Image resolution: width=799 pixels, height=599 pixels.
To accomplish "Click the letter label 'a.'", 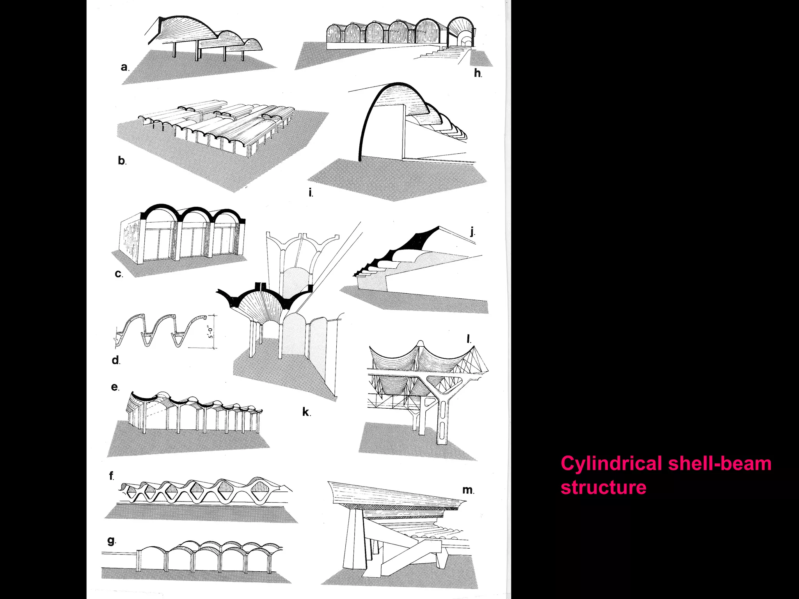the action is [x=124, y=67].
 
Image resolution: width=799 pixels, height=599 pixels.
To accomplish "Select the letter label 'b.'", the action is [x=122, y=161].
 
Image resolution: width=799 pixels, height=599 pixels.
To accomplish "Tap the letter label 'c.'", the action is [x=119, y=274].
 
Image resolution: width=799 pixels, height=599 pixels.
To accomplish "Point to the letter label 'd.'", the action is [x=116, y=360].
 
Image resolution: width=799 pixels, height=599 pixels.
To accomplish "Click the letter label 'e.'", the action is [x=115, y=387].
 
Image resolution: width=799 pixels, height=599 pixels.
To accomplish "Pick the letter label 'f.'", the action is [x=112, y=476].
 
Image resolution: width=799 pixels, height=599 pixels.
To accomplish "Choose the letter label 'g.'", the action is [x=112, y=541].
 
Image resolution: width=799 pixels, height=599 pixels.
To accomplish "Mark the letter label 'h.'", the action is [x=478, y=73].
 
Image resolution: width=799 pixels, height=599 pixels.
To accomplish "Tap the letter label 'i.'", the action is [x=311, y=192].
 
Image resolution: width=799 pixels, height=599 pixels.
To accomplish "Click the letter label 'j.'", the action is [x=472, y=232].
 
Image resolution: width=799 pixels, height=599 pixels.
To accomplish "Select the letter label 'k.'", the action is [x=307, y=412].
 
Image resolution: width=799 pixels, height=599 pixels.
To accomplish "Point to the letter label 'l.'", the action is [x=469, y=339].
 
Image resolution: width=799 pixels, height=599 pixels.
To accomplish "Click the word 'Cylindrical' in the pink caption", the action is [x=611, y=464].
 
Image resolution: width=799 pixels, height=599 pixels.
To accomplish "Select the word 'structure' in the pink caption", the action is [x=603, y=487].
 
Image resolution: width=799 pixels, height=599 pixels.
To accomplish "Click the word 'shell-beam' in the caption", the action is [x=720, y=464].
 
